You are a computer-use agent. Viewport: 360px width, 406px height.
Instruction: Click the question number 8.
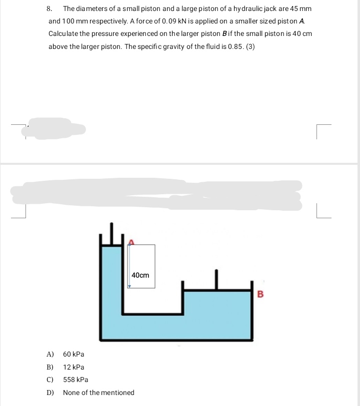(49, 9)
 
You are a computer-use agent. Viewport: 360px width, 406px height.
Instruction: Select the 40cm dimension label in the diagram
(140, 275)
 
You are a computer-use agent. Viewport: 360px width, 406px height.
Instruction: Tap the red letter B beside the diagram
(259, 293)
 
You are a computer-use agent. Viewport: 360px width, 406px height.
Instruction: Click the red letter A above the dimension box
(131, 242)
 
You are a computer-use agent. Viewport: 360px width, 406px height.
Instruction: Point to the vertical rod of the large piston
(216, 279)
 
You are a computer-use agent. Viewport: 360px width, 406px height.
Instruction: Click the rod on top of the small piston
(113, 233)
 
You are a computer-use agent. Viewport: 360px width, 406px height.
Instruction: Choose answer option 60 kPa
(73, 355)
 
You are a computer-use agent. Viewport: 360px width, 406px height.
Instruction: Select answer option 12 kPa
(73, 367)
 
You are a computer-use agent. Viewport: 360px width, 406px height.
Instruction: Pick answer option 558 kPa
(75, 380)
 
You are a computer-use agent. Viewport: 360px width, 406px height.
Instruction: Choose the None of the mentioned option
(98, 393)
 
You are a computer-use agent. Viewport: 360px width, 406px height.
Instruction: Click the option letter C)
(50, 380)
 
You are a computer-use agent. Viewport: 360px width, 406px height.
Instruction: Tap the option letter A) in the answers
(50, 355)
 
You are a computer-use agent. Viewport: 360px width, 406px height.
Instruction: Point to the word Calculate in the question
(64, 34)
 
